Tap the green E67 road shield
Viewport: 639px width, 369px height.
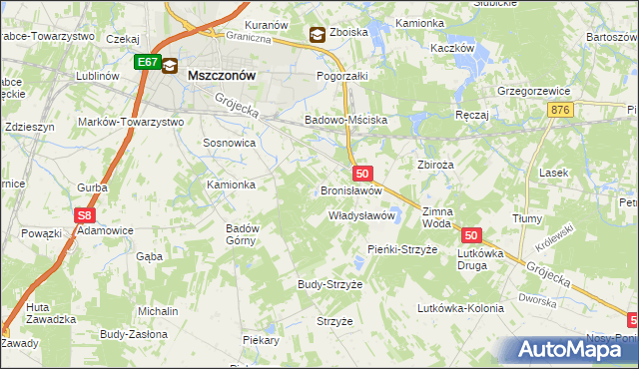coord(148,62)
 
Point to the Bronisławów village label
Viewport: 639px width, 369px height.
coord(351,189)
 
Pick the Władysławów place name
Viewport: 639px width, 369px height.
coord(363,215)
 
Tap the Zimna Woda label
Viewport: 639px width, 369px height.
coord(437,217)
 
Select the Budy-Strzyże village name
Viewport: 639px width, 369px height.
coord(329,284)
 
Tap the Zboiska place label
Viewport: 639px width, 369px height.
coord(349,33)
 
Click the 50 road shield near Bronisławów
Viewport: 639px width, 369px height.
coord(362,174)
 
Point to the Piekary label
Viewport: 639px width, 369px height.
coord(261,340)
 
